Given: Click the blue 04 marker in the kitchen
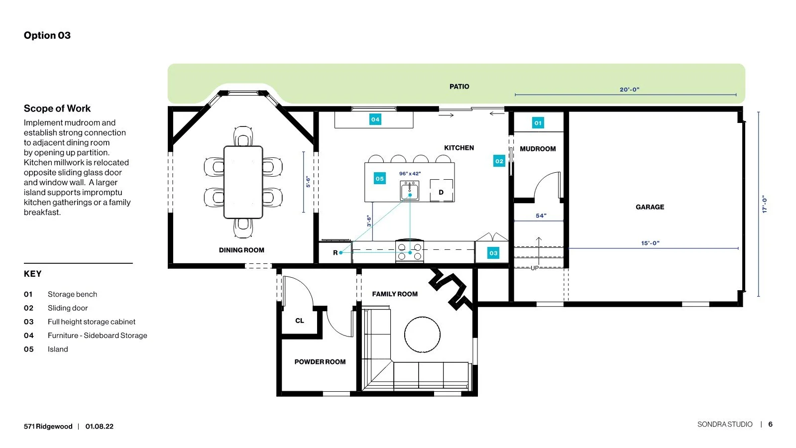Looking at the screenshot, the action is (375, 119).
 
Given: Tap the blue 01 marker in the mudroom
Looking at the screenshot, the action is (538, 123).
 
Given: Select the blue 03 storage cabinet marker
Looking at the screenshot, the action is (493, 253).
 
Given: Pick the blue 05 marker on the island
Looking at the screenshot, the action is (379, 178).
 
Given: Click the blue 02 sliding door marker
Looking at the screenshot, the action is (499, 161).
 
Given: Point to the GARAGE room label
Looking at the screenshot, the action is (650, 207).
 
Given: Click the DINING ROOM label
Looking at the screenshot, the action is (241, 250).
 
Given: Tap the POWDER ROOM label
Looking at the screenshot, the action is (320, 362).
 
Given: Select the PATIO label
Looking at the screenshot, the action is (459, 86).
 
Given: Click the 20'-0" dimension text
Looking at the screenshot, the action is (629, 90).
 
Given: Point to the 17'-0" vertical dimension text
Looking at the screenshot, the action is (764, 204).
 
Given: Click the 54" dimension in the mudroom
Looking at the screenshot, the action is (541, 216).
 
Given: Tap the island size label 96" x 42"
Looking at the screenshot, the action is (410, 173).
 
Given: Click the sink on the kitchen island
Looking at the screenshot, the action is (410, 191).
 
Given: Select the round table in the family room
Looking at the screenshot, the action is (422, 335).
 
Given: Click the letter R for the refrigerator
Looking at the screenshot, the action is (335, 252).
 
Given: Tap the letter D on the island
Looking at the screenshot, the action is (441, 192).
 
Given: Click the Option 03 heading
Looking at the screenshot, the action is (47, 35).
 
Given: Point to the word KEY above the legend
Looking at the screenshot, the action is (33, 274).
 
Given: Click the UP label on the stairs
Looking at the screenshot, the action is (535, 268).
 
